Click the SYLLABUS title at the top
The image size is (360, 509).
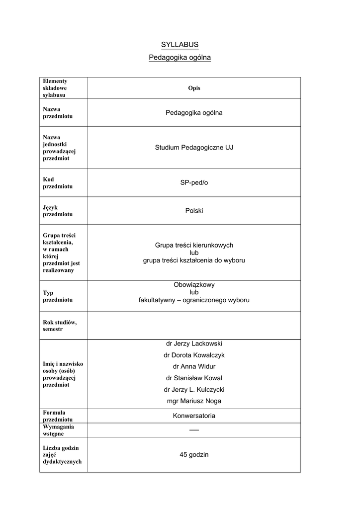(x=180, y=45)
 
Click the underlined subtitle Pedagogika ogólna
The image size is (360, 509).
(x=180, y=58)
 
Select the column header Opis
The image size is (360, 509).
(x=194, y=88)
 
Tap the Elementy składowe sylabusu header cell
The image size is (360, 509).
(x=55, y=88)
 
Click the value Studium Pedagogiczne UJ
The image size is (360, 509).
(x=194, y=148)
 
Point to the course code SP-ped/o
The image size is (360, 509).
(x=194, y=183)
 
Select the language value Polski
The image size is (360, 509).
(x=194, y=211)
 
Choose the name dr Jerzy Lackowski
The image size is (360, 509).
(x=194, y=343)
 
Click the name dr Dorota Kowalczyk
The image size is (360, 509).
(x=194, y=355)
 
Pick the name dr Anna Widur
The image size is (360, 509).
(x=194, y=367)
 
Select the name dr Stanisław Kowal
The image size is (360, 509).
(x=194, y=378)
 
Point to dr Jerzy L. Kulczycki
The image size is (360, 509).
(x=194, y=390)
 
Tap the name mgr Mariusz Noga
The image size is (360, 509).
(x=194, y=401)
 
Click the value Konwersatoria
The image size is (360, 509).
(x=194, y=416)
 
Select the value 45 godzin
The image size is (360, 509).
(x=194, y=455)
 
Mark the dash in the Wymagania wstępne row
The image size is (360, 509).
(x=194, y=430)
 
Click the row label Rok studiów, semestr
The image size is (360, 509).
(x=59, y=326)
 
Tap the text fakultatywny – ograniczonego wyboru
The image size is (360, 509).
(x=194, y=300)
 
